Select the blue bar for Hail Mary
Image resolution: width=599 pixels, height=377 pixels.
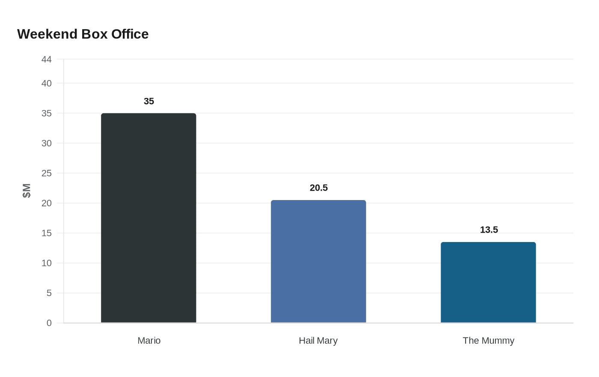318,261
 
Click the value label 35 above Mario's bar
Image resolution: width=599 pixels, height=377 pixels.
149,102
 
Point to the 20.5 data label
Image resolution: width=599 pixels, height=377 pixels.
319,188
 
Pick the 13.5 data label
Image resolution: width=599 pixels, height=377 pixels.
489,230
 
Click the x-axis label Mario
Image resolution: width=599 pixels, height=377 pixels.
149,341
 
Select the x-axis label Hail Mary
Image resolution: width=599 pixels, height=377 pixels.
318,341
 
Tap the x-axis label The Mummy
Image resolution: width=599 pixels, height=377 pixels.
488,341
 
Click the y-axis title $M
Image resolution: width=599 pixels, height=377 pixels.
27,191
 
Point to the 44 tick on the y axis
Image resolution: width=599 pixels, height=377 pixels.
47,60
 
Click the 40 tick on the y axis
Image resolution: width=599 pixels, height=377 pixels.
47,84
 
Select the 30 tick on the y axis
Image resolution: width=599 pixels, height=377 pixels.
47,144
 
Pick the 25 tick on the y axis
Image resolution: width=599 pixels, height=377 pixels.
47,174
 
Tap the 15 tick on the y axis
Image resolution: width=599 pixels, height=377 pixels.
47,233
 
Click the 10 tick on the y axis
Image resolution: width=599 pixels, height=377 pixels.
47,263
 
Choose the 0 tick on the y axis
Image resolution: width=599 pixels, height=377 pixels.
49,323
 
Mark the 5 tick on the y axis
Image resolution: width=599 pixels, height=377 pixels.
49,293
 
